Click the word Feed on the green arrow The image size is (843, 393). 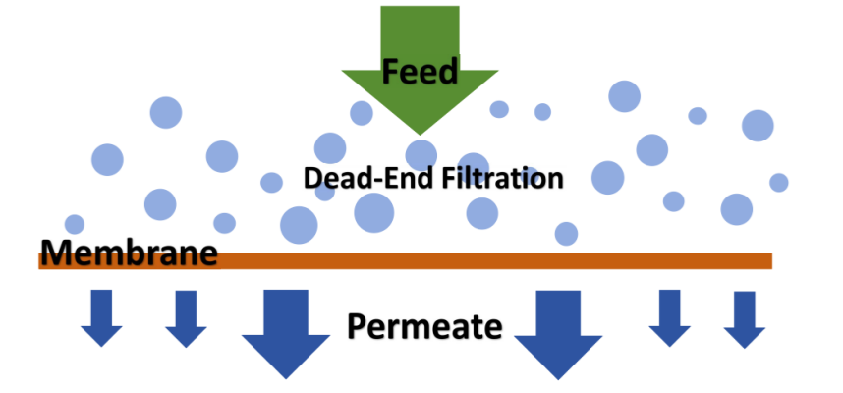click(x=421, y=72)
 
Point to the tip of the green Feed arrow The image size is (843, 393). click(x=421, y=133)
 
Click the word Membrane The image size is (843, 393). click(x=128, y=253)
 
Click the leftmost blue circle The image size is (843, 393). click(x=75, y=224)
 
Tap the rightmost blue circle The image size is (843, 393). click(x=779, y=182)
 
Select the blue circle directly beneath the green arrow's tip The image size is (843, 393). click(x=421, y=154)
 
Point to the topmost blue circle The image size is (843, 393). click(x=624, y=96)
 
